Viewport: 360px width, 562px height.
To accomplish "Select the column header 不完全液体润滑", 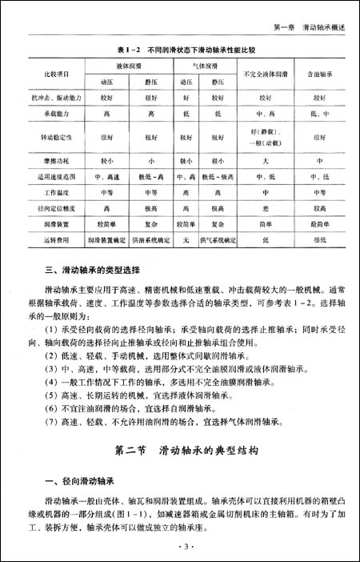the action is tap(261, 74).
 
